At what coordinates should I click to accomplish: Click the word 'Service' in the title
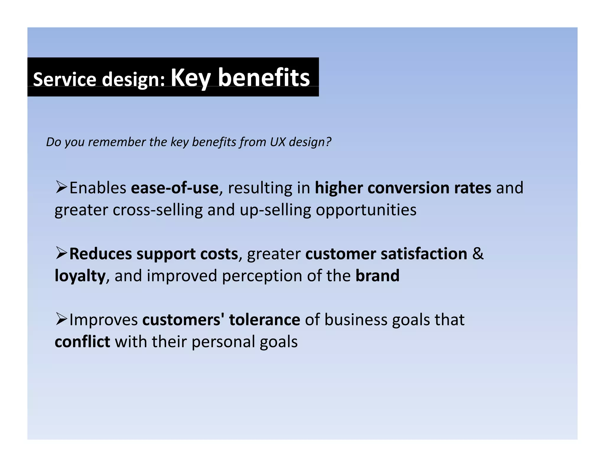pos(65,79)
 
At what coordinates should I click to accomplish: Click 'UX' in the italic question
pos(277,142)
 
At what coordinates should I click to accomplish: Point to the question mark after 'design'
pos(328,142)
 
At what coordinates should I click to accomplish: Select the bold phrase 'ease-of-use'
pos(174,188)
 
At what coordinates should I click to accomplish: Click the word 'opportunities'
pos(366,210)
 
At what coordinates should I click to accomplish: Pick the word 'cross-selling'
pos(158,210)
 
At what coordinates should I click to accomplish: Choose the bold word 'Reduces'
pos(100,254)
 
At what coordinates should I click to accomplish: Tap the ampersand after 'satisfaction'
pos(478,254)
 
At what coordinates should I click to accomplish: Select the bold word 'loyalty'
pos(80,276)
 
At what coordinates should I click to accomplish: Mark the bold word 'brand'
pos(377,276)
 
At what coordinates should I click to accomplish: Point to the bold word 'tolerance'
pos(264,320)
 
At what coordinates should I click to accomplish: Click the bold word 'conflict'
pos(82,342)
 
